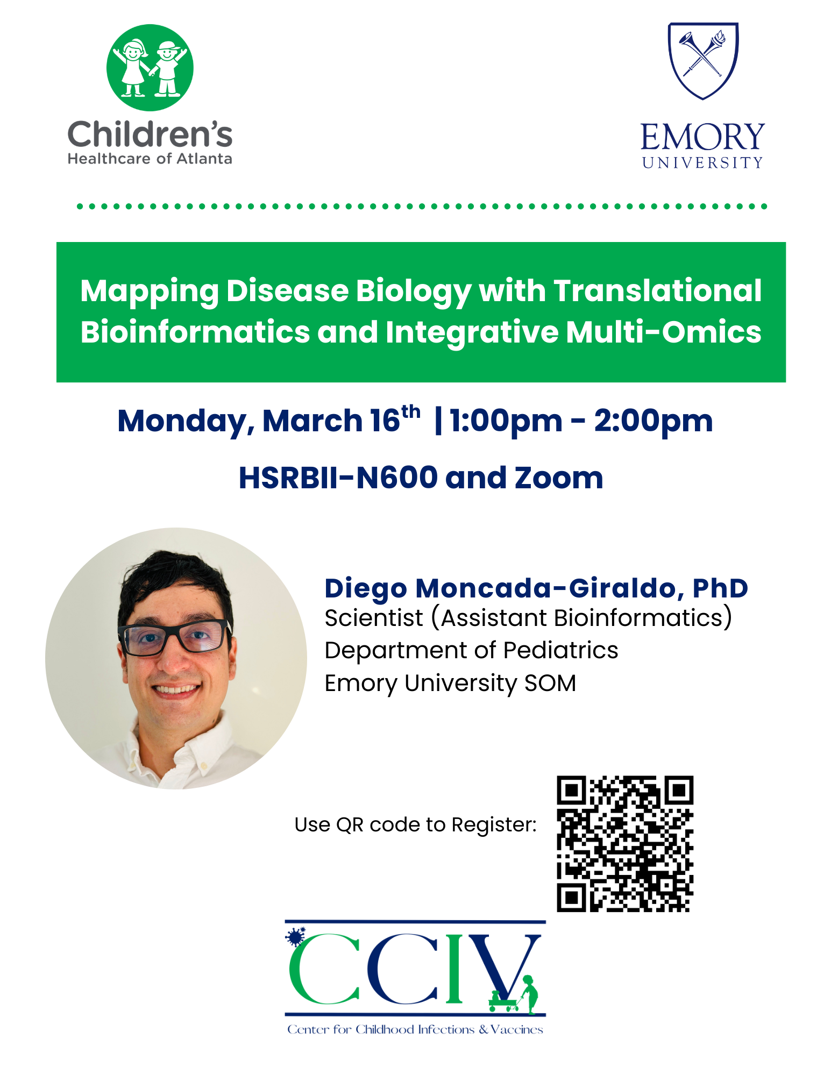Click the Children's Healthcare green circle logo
point(150,68)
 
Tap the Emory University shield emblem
point(703,61)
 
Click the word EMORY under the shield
point(702,137)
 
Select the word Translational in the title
point(657,291)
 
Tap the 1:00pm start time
point(506,421)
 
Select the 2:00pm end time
point(654,421)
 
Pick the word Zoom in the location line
point(559,478)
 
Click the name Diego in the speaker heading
point(366,589)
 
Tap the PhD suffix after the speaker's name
point(720,588)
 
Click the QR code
point(625,844)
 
